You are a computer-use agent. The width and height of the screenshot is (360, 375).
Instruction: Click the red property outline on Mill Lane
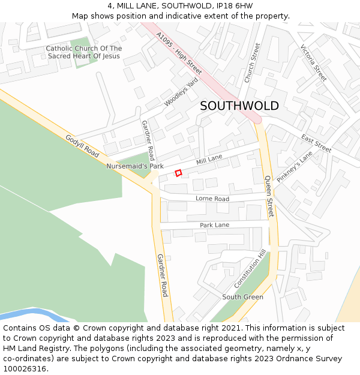[x=178, y=173]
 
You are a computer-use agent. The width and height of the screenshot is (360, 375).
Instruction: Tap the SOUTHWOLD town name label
[x=239, y=106]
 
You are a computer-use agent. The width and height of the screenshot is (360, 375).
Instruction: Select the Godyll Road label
[x=82, y=146]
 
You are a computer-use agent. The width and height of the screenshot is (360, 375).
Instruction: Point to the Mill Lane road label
[x=209, y=160]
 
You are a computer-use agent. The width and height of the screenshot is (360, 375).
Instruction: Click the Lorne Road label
[x=212, y=199]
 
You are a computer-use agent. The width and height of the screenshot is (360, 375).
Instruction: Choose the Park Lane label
[x=214, y=225]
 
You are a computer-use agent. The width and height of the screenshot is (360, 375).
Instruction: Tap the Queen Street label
[x=269, y=196]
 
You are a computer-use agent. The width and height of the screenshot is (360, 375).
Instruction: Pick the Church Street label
[x=252, y=62]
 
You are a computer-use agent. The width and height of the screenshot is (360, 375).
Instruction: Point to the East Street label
[x=316, y=143]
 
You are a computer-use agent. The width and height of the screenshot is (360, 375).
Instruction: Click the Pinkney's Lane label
[x=295, y=166]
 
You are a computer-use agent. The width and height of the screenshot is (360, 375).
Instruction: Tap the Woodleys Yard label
[x=181, y=92]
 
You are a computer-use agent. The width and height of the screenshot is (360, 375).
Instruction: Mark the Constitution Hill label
[x=249, y=269]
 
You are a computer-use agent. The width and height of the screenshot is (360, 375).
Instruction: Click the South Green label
[x=242, y=297]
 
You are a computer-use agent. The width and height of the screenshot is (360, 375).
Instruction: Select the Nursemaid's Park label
[x=135, y=166]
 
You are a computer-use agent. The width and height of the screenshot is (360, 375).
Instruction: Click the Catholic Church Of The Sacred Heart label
[x=83, y=52]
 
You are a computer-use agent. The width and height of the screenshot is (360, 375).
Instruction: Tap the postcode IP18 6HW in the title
[x=233, y=6]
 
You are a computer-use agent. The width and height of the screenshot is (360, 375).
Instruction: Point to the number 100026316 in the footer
[x=24, y=369]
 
